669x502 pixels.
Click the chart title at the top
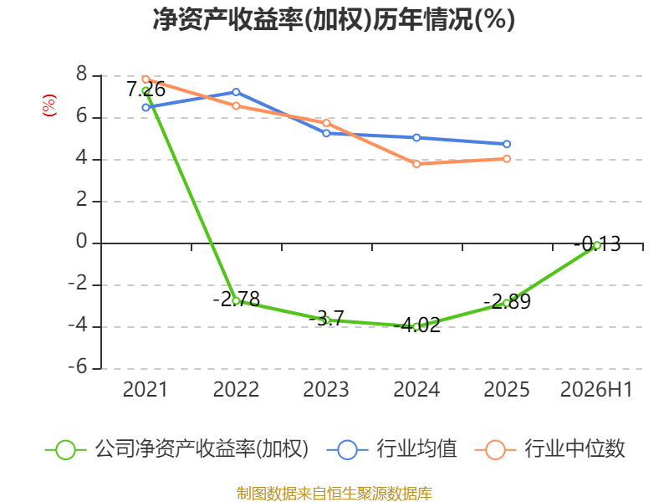point(334,19)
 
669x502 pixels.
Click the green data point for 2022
point(236,301)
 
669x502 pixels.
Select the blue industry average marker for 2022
point(236,92)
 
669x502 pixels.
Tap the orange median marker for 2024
point(416,164)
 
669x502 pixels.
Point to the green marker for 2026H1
point(597,245)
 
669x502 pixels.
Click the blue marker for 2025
point(507,144)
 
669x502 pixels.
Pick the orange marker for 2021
point(146,79)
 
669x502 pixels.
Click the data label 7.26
point(146,90)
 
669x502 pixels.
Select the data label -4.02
point(416,325)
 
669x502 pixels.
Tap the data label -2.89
point(508,302)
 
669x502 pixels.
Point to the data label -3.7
point(326,319)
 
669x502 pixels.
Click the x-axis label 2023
point(326,389)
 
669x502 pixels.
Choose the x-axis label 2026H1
point(596,389)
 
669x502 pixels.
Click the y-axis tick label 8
point(81,74)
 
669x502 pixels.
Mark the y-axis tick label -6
point(78,366)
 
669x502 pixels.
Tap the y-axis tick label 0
point(81,242)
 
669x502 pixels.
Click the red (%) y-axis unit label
point(49,105)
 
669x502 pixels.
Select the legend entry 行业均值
point(391,449)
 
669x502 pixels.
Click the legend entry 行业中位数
point(550,449)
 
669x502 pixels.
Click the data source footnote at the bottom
point(334,493)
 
